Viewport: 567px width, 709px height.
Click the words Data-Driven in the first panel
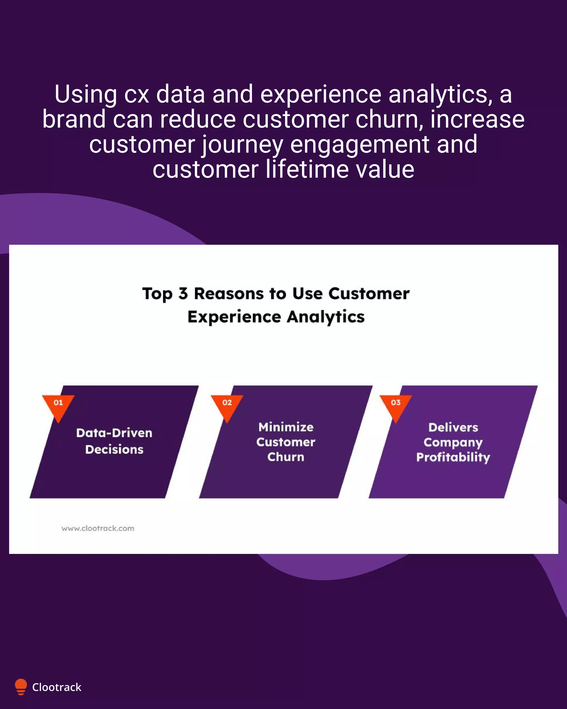(x=114, y=433)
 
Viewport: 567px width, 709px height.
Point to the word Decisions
(x=114, y=449)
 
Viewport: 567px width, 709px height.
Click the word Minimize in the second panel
(x=286, y=427)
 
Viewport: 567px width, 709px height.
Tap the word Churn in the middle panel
(x=286, y=457)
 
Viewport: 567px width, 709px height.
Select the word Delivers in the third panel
(x=453, y=428)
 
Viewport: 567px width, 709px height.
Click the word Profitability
(x=453, y=457)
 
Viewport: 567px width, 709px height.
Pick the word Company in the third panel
(x=453, y=443)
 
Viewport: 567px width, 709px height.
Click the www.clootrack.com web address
(x=98, y=528)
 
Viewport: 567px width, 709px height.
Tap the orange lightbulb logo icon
(x=21, y=687)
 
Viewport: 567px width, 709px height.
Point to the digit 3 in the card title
(x=183, y=293)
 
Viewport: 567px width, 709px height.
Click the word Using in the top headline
(x=86, y=94)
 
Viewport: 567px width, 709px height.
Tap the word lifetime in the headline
(x=307, y=169)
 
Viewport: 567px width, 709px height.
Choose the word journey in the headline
(x=242, y=145)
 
